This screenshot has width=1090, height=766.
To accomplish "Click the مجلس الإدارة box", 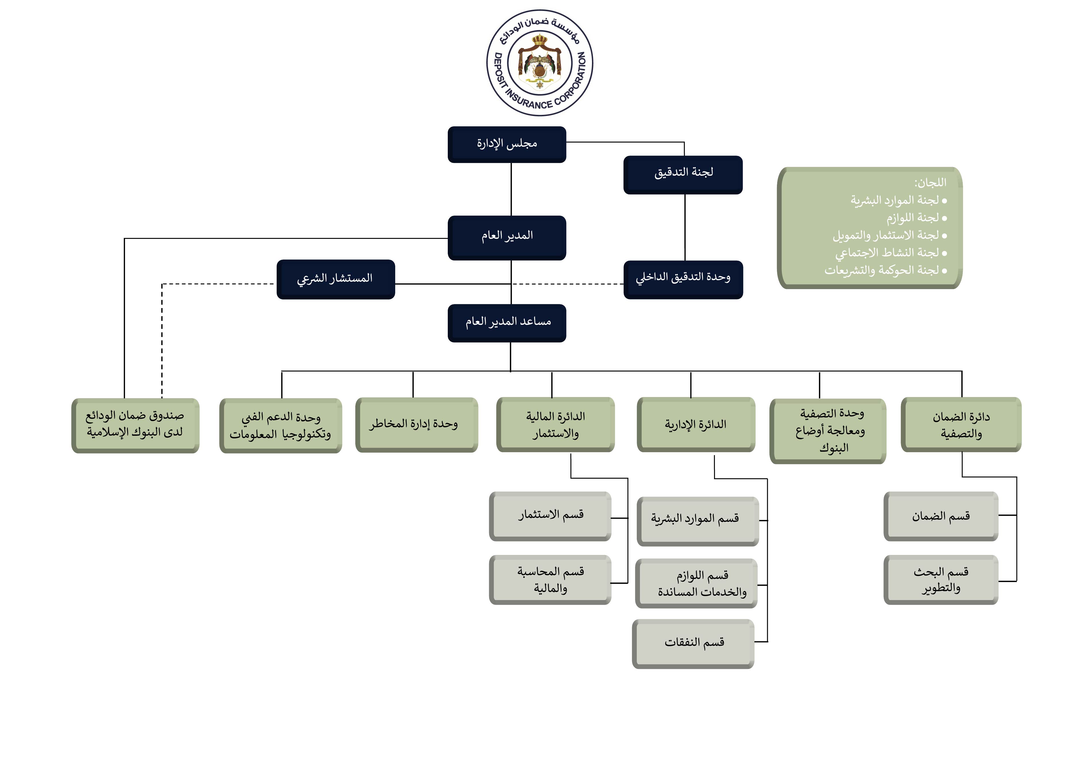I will coord(507,144).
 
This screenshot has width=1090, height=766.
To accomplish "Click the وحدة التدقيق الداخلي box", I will coord(683,279).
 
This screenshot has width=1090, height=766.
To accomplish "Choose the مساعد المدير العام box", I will coord(507,323).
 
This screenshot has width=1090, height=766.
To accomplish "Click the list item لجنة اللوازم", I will coord(912,218).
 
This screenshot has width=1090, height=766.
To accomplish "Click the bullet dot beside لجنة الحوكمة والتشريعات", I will coord(944,271).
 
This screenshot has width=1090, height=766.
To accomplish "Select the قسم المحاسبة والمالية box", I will coord(550,579).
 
